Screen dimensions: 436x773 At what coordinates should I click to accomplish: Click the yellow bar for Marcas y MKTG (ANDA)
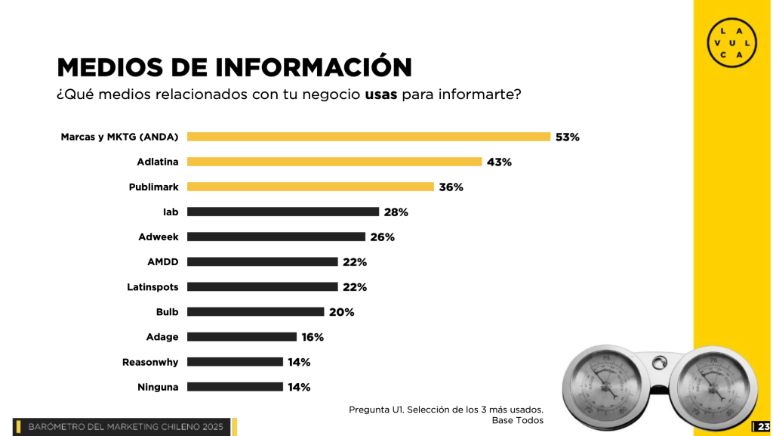click(x=368, y=137)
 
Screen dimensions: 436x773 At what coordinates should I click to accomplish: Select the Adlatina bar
click(x=334, y=162)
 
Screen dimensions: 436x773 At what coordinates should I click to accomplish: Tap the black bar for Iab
click(x=283, y=212)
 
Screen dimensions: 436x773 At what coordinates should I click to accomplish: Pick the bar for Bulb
click(x=255, y=311)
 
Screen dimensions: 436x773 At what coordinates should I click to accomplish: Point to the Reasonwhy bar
click(x=235, y=362)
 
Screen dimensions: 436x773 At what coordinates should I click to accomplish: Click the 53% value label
click(x=567, y=138)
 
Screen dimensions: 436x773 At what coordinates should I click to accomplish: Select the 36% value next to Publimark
click(x=451, y=187)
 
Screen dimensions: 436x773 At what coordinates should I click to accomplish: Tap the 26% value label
click(x=382, y=237)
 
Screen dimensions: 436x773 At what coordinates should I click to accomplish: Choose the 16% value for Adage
click(x=313, y=337)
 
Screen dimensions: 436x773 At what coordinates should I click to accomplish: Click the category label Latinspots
click(x=152, y=287)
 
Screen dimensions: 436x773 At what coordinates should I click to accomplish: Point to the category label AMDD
click(x=162, y=262)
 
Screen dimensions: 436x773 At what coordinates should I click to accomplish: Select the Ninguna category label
click(x=158, y=387)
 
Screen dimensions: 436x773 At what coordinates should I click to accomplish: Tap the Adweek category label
click(x=159, y=237)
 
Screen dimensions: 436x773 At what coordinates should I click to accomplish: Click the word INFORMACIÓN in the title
click(x=314, y=67)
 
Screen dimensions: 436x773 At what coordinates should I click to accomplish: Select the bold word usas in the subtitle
click(x=381, y=96)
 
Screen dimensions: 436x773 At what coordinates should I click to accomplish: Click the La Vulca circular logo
click(x=731, y=42)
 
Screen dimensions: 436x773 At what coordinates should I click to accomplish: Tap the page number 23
click(x=763, y=427)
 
